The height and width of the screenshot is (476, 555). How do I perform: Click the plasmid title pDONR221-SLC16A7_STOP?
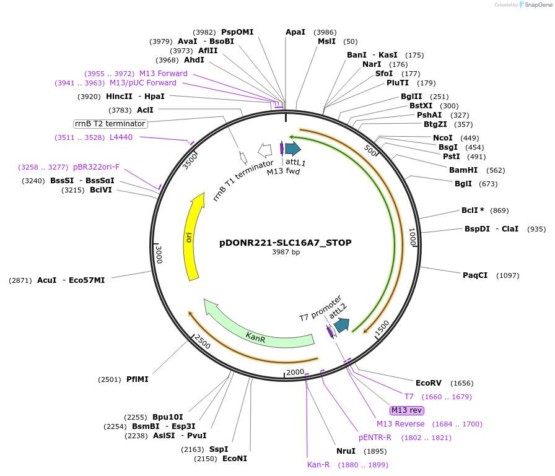click(286, 243)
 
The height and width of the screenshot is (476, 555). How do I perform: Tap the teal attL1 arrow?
click(292, 148)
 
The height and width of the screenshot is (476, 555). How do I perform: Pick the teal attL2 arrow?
click(341, 325)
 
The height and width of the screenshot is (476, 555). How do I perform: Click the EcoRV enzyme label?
click(429, 383)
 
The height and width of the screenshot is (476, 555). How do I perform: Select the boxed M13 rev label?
click(406, 410)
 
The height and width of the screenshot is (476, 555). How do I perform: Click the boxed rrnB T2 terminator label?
click(110, 124)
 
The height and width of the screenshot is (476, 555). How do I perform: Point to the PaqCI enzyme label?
click(475, 275)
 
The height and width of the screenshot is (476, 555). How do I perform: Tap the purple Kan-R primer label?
click(318, 464)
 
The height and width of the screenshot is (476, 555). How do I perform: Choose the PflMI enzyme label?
click(138, 379)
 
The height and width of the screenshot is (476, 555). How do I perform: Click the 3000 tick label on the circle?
click(159, 254)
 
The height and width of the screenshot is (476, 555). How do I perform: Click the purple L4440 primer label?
click(121, 137)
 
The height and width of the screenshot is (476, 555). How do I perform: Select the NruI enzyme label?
click(346, 451)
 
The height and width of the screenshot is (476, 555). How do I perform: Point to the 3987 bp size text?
click(286, 253)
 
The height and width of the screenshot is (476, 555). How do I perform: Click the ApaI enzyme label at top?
click(295, 32)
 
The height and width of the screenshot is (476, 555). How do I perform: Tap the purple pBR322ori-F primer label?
click(96, 167)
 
